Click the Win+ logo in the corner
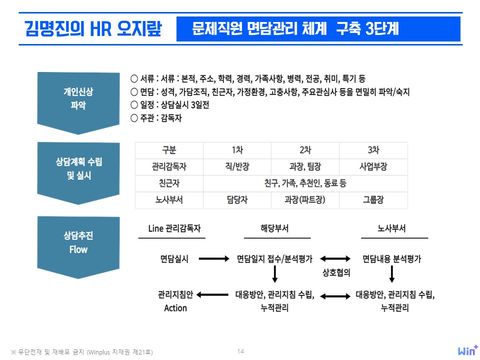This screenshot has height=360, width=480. (467, 350)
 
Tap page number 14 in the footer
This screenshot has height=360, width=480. (240, 351)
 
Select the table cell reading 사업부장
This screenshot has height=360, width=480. (373, 167)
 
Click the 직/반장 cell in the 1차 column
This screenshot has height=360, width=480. (237, 167)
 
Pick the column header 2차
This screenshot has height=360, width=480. (305, 150)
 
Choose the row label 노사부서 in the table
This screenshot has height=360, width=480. (169, 200)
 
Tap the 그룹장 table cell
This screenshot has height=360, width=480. (373, 200)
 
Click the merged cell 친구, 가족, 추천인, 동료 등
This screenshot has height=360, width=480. (305, 183)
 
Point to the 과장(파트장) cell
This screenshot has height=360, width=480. (305, 200)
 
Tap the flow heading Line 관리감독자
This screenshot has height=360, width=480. (174, 228)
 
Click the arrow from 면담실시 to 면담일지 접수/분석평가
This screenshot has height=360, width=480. (214, 258)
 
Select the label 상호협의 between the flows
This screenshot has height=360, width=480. (336, 272)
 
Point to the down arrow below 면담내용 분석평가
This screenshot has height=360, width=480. (392, 274)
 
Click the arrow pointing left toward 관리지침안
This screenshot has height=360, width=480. (212, 295)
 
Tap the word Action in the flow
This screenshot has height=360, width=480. (175, 308)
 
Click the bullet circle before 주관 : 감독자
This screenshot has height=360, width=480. (134, 118)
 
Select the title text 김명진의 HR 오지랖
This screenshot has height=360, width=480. (93, 29)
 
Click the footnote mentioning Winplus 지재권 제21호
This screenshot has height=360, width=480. (81, 352)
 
